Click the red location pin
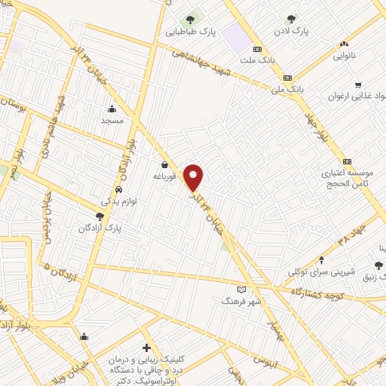coord(194,177)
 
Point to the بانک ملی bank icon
coord(287,78)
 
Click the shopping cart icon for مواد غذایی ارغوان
coord(357,84)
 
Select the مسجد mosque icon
coord(112,108)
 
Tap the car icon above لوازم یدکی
coord(119,189)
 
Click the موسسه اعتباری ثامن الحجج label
coord(345,179)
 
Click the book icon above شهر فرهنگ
coord(241,289)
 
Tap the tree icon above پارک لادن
coord(292,19)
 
